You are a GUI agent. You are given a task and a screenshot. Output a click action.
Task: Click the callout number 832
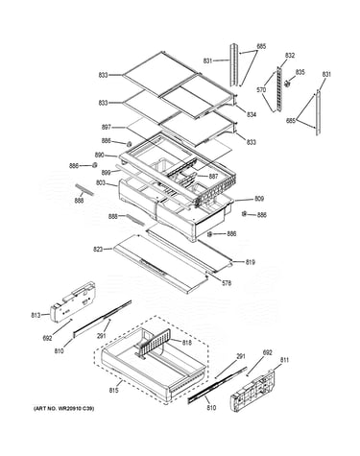pos(290,56)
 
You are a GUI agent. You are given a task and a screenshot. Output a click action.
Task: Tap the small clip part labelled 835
pos(288,84)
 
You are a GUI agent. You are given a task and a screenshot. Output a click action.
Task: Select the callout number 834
pos(252,114)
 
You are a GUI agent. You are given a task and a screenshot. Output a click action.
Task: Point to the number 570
pos(261,90)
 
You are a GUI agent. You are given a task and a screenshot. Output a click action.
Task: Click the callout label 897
pos(107,128)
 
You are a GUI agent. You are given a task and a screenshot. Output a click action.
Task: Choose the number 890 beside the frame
pos(99,156)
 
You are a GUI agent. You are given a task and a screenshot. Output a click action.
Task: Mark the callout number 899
pos(106,173)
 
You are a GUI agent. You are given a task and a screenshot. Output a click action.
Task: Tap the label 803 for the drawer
pos(101,183)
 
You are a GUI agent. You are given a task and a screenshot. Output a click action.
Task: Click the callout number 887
pos(213,177)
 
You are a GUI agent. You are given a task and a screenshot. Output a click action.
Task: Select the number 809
pos(259,199)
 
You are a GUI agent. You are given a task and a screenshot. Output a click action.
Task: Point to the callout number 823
pos(98,249)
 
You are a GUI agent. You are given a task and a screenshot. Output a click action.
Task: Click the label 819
pos(251,262)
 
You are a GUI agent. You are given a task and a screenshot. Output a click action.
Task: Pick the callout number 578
pos(227,283)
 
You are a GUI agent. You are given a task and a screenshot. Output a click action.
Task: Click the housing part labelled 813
pos(72,301)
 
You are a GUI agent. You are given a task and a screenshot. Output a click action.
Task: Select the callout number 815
pos(113,391)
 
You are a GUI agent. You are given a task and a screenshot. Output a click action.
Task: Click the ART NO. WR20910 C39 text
pos(64,408)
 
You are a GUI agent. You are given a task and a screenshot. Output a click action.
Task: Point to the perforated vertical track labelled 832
pos(280,89)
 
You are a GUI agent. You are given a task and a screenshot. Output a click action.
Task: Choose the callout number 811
pos(284,360)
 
